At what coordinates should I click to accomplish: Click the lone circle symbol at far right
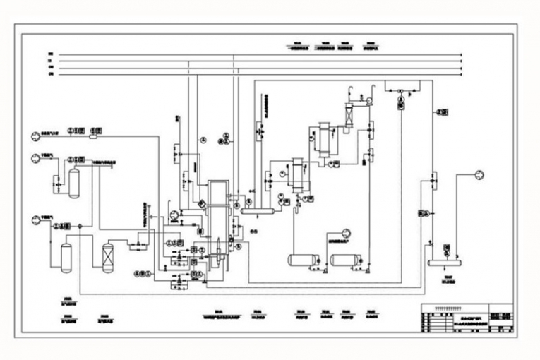(479, 174)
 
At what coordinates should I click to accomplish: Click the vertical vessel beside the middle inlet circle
(74, 182)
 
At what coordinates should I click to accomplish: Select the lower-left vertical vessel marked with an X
(108, 257)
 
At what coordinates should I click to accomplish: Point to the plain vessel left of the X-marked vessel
(66, 258)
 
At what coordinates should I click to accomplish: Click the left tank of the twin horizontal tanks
(304, 260)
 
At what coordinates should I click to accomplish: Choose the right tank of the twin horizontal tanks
(345, 260)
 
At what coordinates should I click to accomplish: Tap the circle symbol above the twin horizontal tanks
(346, 232)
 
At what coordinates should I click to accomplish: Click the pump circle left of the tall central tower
(174, 212)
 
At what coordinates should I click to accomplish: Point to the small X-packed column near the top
(349, 113)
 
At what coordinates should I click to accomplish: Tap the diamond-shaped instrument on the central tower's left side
(202, 203)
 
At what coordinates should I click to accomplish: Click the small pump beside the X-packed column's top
(368, 101)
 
